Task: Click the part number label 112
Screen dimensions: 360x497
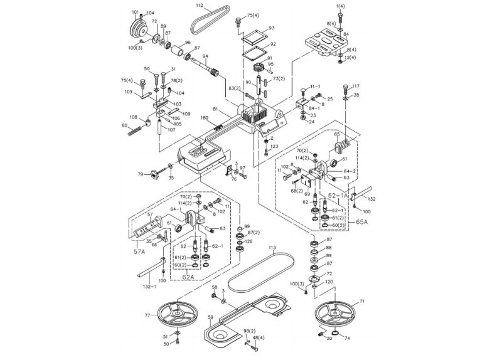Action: click(199, 6)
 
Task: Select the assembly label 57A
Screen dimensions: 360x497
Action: click(139, 251)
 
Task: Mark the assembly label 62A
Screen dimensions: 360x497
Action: click(188, 277)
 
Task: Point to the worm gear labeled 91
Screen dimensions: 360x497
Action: click(256, 67)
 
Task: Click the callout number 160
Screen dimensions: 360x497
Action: click(204, 118)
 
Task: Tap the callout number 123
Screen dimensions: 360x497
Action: click(274, 146)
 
